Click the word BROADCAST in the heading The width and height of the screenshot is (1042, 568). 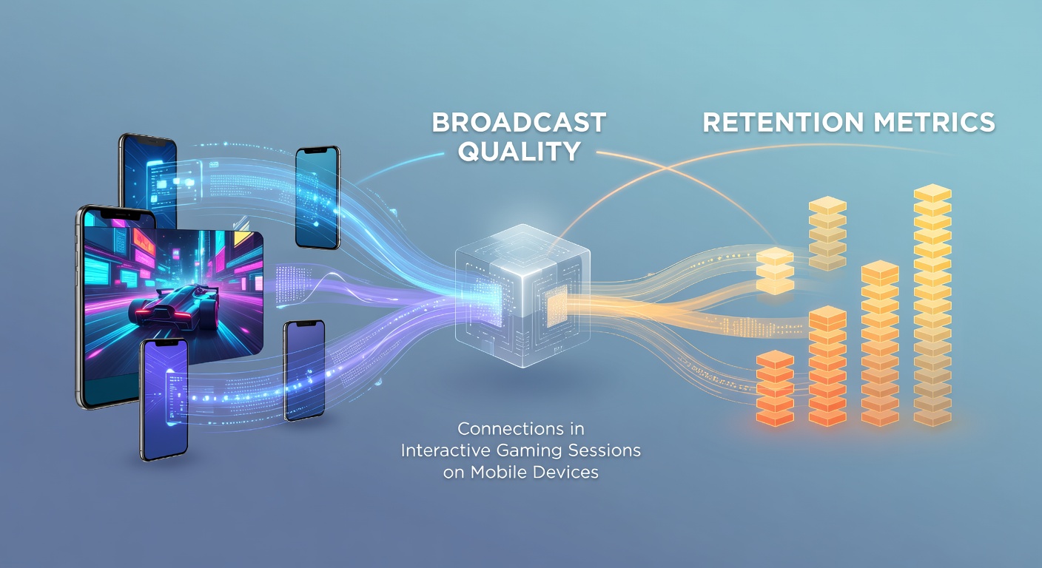pos(519,122)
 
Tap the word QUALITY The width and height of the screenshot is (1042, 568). pos(520,151)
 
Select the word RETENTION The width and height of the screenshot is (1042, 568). pos(783,123)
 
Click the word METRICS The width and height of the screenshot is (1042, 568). pos(934,123)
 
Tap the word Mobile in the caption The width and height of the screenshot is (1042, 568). pos(499,473)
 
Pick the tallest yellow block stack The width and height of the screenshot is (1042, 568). pos(932,305)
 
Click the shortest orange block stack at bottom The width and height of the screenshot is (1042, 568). pos(775,388)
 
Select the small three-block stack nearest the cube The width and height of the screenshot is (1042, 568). pos(775,271)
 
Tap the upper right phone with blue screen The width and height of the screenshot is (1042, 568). pos(317,197)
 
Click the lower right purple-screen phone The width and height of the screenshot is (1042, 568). pos(304,371)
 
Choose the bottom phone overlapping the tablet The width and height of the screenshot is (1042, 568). pos(164,399)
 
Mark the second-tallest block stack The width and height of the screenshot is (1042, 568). pos(880,343)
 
